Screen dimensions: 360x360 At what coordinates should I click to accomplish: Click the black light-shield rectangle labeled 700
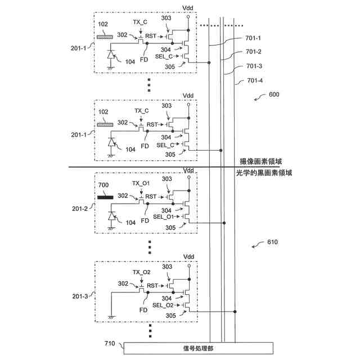[105, 197]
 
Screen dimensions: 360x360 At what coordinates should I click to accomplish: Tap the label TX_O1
[141, 183]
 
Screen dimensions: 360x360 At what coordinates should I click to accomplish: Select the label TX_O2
[141, 272]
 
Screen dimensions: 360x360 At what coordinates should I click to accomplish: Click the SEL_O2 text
[163, 305]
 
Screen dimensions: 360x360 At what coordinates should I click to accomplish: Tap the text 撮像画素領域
[260, 161]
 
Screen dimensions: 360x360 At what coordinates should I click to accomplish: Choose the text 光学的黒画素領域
[264, 173]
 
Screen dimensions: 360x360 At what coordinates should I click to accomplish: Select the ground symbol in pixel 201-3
[111, 318]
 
